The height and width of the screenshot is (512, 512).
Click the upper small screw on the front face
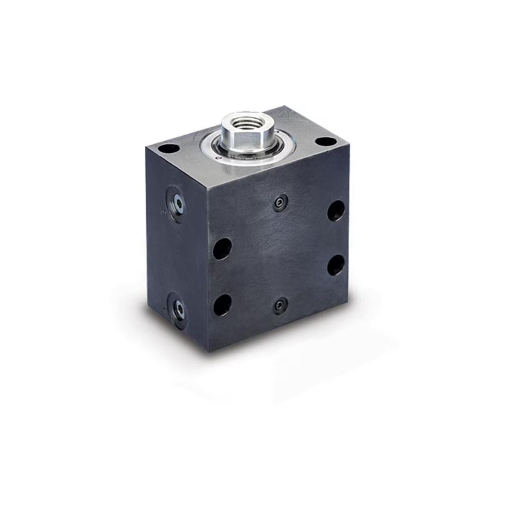tap(279, 203)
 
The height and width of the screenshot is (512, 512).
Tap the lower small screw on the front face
tap(279, 305)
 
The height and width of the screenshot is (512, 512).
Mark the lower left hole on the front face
tap(222, 303)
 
